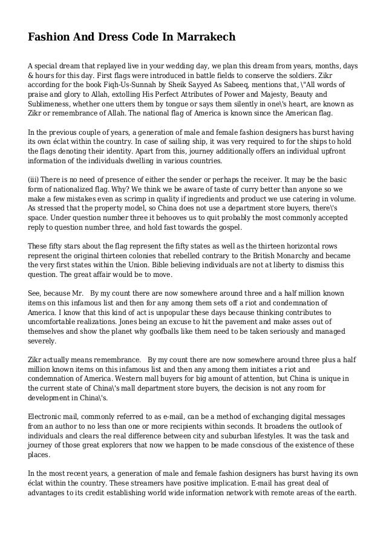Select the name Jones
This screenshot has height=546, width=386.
click(149, 322)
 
